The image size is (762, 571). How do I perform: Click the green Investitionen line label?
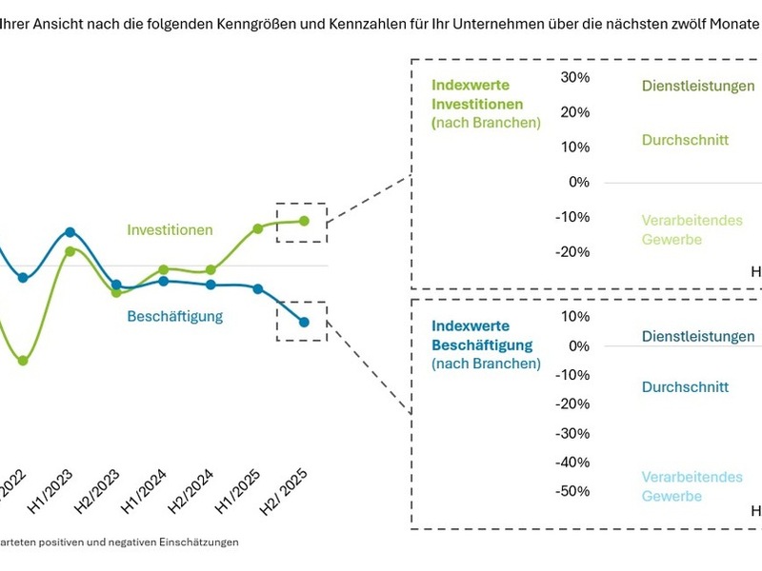pyautogui.click(x=170, y=230)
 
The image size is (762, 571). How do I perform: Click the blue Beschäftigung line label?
pyautogui.click(x=175, y=316)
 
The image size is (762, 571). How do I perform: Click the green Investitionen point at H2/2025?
pyautogui.click(x=305, y=221)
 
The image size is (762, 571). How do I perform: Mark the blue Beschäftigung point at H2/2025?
pyautogui.click(x=305, y=323)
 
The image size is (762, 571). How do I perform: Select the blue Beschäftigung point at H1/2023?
pyautogui.click(x=70, y=232)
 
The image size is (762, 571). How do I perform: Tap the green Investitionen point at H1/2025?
pyautogui.click(x=258, y=228)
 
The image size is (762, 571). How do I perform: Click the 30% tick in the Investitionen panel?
pyautogui.click(x=576, y=77)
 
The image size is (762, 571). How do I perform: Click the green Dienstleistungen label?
pyautogui.click(x=697, y=86)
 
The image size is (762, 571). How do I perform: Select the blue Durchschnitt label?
pyautogui.click(x=685, y=387)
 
